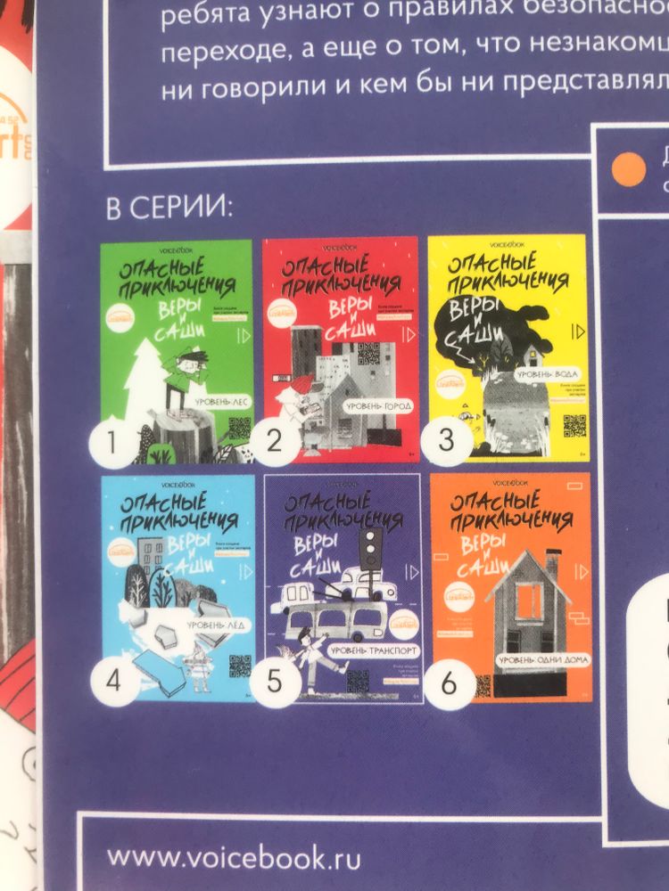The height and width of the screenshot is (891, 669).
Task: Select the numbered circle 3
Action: pos(445,440)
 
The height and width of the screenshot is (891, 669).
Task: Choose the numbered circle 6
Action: pos(450,683)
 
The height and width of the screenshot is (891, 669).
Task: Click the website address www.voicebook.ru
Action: pos(234,858)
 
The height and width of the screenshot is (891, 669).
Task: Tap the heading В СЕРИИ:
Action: pos(169,209)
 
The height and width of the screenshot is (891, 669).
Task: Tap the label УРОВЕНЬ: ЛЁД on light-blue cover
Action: pos(216,625)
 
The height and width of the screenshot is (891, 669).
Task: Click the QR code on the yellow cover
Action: pos(574,426)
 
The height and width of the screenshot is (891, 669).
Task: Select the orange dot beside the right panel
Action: pos(631,168)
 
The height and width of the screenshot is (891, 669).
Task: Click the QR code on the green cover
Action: pos(238,429)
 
